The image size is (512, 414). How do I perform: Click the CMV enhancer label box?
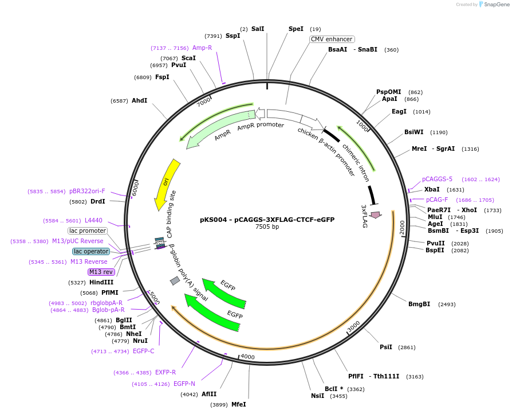(332, 39)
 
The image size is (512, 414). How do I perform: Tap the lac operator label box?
(90, 251)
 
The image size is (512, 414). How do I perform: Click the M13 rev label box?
(101, 272)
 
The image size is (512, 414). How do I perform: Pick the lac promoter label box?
(87, 231)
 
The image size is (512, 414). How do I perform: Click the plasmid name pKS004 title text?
(267, 219)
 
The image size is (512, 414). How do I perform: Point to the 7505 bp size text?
(267, 227)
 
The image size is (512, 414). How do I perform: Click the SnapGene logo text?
(496, 5)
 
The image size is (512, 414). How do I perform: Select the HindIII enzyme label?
(101, 282)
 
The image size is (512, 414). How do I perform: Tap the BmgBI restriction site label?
(419, 304)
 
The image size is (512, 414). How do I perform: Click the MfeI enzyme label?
(238, 404)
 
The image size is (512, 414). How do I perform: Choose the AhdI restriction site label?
(139, 100)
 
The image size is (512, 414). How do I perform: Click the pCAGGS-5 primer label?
(437, 179)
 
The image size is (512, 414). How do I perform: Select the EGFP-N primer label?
(184, 384)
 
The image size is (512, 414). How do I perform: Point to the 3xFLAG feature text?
(364, 216)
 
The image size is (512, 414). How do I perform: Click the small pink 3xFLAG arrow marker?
(376, 214)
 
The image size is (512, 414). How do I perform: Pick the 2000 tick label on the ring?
(401, 227)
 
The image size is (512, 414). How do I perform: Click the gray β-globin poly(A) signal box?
(175, 280)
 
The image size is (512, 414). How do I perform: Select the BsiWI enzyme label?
(413, 132)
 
